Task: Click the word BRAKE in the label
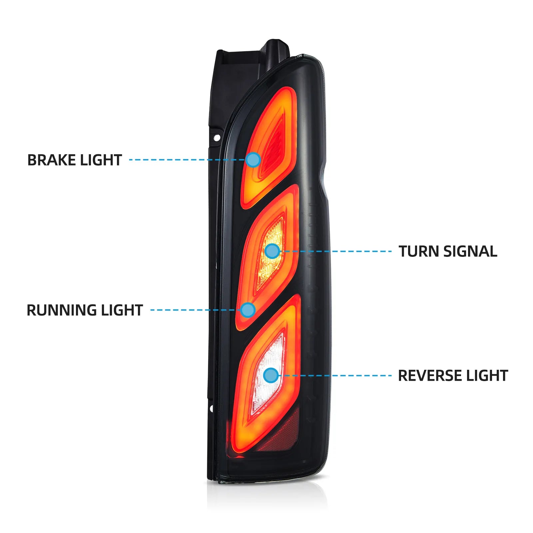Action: (52, 160)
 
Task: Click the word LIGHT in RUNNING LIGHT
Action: (122, 310)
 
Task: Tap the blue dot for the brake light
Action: (254, 160)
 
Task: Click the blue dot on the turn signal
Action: (272, 251)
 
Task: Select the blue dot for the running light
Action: (248, 310)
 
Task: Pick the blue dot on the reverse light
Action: (271, 375)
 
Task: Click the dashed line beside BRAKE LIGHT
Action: (188, 160)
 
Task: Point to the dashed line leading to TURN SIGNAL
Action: (335, 251)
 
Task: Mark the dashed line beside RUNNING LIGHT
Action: (196, 310)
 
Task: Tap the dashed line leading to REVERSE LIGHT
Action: (335, 375)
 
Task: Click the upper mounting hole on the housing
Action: (217, 137)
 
